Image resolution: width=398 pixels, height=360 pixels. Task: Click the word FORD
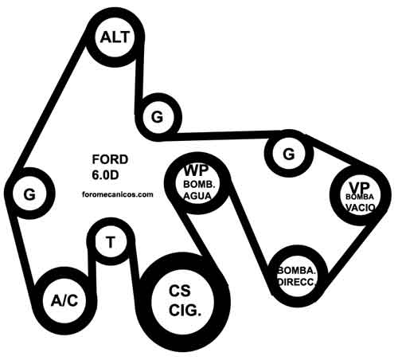pos(110,159)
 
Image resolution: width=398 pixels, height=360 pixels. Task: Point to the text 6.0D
pos(105,175)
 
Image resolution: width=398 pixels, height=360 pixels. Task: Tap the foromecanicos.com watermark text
pos(118,194)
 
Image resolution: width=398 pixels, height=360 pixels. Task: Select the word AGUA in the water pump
pos(198,196)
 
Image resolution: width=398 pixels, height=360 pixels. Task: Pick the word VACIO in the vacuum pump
pos(361,207)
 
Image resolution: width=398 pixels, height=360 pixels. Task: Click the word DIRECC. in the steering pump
pos(297,282)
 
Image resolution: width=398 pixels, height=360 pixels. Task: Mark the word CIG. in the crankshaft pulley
pos(185,311)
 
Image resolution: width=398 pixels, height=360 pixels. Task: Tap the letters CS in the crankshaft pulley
pos(180,291)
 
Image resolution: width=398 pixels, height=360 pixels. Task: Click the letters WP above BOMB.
pos(196,170)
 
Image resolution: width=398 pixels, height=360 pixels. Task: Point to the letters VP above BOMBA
pos(360,188)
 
